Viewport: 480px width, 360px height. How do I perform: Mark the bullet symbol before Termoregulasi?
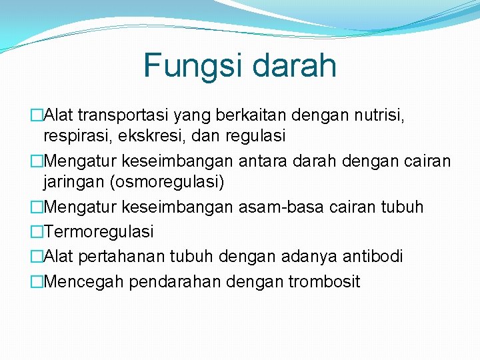click(x=36, y=232)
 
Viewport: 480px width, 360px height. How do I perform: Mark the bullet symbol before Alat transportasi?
click(x=36, y=116)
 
